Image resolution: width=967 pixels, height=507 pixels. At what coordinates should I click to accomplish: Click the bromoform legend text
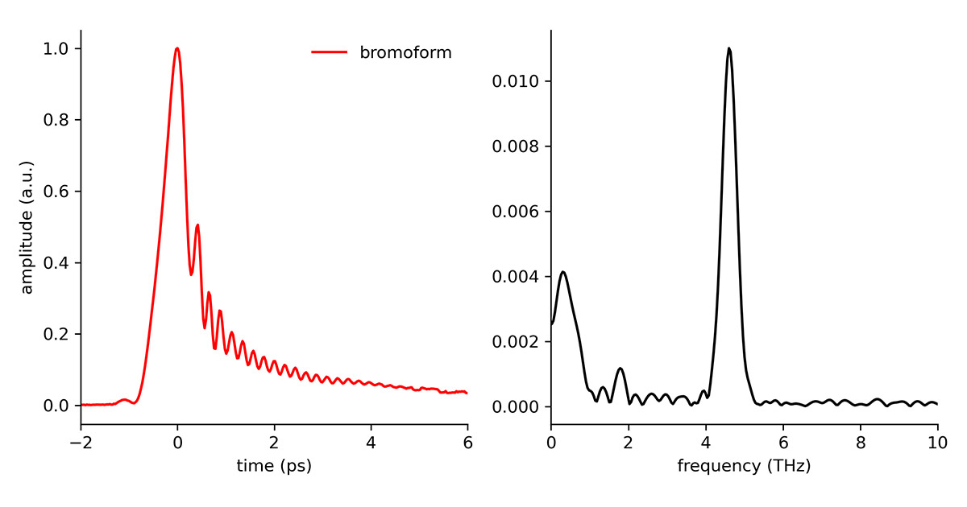tap(405, 53)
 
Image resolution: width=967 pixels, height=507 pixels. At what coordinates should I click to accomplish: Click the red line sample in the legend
tap(330, 53)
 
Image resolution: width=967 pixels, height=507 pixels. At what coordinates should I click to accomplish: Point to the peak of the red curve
tap(177, 48)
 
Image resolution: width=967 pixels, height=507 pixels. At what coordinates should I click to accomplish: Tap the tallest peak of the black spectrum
tap(729, 48)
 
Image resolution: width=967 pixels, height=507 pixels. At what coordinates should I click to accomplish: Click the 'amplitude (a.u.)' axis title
tap(27, 227)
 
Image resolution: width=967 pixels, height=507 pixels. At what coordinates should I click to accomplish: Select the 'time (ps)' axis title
tap(274, 465)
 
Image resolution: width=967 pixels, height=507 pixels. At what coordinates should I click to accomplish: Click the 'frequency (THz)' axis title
tap(744, 465)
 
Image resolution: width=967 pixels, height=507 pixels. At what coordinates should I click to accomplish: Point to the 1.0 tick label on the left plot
tap(57, 49)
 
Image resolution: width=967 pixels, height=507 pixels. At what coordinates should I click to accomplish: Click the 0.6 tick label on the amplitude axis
tap(57, 192)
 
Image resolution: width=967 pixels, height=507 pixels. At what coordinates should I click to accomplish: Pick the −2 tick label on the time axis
tap(81, 443)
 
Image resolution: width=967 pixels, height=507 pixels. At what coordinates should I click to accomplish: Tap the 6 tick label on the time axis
tap(467, 443)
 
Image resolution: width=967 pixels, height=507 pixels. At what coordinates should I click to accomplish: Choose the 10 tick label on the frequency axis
tap(937, 443)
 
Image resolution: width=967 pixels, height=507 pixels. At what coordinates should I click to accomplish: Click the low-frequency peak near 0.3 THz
tap(563, 272)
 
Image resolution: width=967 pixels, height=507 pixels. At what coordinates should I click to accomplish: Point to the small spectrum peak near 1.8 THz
tap(620, 369)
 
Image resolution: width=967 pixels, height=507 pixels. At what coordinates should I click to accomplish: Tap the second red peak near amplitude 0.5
tap(197, 225)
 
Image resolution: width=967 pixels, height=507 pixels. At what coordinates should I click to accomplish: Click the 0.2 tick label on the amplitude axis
tap(57, 334)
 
